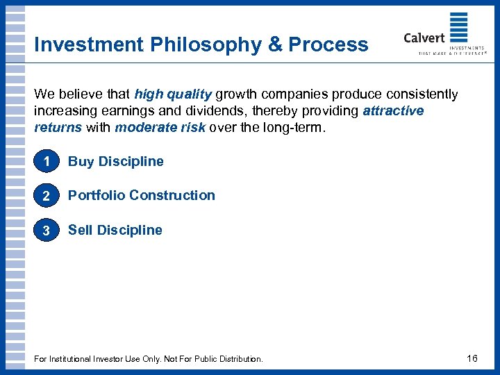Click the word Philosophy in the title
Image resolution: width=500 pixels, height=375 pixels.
pos(203,44)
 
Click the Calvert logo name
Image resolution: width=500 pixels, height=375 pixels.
pos(424,37)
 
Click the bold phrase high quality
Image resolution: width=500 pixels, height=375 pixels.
pos(173,94)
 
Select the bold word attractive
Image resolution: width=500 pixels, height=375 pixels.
pos(393,110)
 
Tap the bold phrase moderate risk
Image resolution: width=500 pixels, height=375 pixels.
pos(160,127)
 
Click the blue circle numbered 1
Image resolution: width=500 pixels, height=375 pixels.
pos(46,161)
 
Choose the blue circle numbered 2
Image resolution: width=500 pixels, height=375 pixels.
pos(46,196)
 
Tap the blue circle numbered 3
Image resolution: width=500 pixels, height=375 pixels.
pos(46,231)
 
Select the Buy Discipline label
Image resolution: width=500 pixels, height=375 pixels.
pos(116,161)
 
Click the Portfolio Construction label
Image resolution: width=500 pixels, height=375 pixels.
pos(142,195)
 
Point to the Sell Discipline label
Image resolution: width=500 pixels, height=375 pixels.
pos(115,230)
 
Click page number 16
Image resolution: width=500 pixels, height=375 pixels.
pos(472,358)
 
